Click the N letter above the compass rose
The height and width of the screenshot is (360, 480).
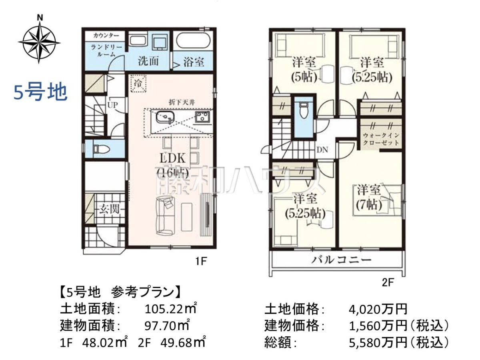[x=40, y=18]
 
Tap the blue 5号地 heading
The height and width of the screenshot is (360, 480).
[x=41, y=92]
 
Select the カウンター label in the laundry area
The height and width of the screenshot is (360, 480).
[x=106, y=36]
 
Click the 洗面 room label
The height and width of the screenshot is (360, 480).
[x=148, y=61]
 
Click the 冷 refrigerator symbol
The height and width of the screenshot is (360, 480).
[x=138, y=83]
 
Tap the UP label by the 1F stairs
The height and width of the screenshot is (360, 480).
[x=112, y=105]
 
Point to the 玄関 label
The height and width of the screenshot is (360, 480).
[x=110, y=209]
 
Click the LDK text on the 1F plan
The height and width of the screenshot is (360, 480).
[x=173, y=158]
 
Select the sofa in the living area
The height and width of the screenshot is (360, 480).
[x=165, y=216]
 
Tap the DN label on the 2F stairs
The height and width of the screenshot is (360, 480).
[x=322, y=150]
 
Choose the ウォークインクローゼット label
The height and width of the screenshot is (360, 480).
[x=381, y=139]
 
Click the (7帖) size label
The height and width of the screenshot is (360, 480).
[x=369, y=205]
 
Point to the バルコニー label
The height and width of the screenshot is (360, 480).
[x=341, y=260]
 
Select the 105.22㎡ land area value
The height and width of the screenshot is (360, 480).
[x=171, y=309]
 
